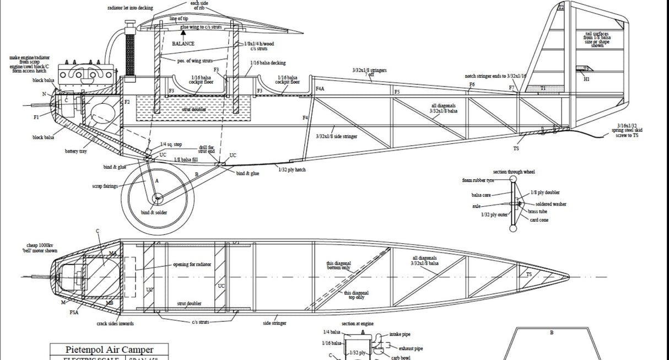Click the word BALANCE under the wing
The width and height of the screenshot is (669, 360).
(x=183, y=44)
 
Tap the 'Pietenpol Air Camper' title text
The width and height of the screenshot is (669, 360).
(x=109, y=350)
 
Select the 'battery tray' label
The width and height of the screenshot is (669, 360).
(x=75, y=151)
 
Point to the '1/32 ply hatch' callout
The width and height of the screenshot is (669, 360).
(x=292, y=170)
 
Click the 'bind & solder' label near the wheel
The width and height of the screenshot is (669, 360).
(x=154, y=212)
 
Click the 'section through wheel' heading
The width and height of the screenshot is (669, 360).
(x=514, y=172)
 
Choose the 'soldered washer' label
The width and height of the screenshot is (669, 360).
(x=551, y=204)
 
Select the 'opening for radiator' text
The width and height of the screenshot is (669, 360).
(x=192, y=265)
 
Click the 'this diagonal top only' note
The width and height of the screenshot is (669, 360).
(x=356, y=295)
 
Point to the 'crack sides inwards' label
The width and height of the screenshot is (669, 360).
(x=115, y=324)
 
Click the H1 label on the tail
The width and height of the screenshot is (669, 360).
(x=587, y=79)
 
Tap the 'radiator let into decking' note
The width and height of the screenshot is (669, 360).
(x=130, y=8)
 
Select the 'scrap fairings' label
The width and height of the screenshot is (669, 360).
(x=105, y=186)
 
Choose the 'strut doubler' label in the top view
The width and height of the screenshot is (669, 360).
(x=189, y=304)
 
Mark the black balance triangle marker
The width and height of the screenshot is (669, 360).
(x=183, y=34)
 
